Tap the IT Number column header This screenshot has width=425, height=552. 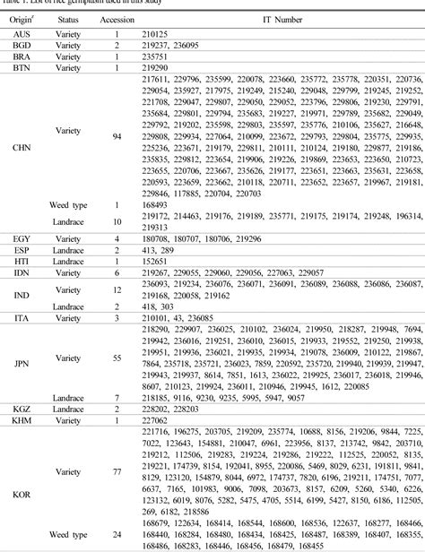tap(282, 18)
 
